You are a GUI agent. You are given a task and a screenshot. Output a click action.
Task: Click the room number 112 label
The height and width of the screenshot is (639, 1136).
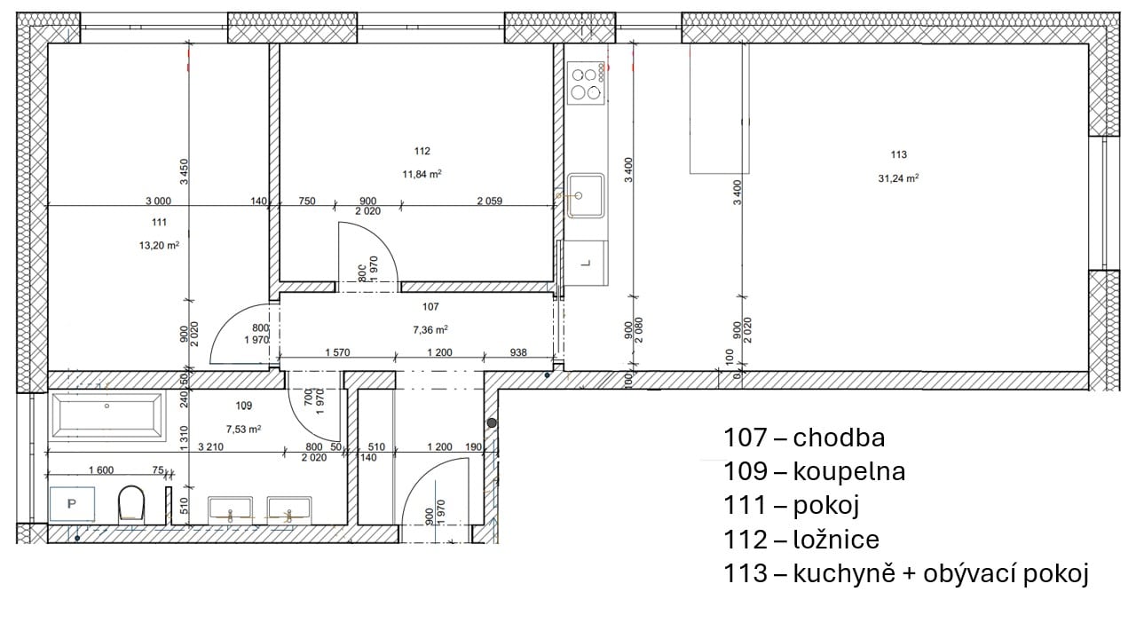[x=422, y=151]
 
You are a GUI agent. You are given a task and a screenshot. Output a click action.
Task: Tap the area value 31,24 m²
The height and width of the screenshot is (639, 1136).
[x=899, y=178]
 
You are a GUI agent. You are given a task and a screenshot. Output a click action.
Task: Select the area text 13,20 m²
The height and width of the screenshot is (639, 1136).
[x=159, y=246]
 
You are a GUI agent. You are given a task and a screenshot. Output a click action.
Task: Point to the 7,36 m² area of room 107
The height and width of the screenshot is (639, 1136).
[x=430, y=330]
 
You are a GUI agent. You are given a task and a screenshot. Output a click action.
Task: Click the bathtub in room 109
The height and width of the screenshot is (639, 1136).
[x=107, y=415]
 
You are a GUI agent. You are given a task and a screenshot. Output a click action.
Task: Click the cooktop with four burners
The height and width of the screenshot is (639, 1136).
[x=587, y=83]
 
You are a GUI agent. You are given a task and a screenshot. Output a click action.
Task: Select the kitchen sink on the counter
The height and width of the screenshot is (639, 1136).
[x=586, y=196]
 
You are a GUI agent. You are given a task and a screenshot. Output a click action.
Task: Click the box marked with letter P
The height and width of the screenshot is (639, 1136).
[x=72, y=504]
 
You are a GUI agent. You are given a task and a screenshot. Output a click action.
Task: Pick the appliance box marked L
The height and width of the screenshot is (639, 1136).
[x=587, y=264]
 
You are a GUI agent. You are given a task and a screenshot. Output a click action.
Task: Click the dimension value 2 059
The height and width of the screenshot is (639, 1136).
[x=489, y=201]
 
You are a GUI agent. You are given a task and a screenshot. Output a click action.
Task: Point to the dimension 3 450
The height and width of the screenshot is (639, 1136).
[x=184, y=172]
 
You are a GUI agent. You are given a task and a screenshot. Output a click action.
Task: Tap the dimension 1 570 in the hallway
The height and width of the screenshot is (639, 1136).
[x=337, y=352]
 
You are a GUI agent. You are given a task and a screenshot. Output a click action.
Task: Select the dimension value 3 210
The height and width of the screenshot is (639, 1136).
[x=210, y=446]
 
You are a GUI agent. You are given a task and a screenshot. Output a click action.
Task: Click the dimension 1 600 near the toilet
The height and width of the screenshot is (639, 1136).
[x=101, y=470]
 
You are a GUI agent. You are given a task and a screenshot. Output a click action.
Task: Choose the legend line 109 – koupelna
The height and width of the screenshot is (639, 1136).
[x=814, y=471]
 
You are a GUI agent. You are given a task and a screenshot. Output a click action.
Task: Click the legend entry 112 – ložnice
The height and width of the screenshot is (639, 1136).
[x=801, y=540]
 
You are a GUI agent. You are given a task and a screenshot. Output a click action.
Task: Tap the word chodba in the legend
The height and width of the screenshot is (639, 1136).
[x=839, y=438]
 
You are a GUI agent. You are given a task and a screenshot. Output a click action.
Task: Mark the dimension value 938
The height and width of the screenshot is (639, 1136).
[x=517, y=352]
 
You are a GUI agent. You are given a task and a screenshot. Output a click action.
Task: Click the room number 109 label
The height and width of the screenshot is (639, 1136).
[x=244, y=406]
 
